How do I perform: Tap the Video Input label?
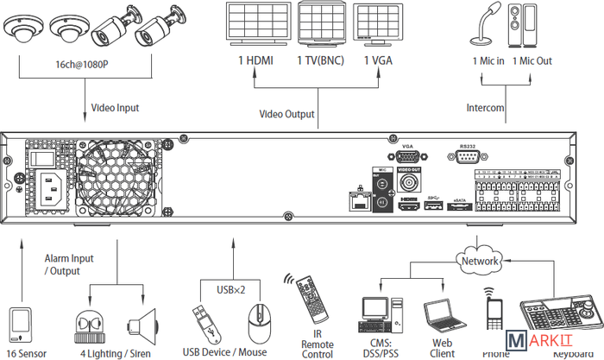point(115,109)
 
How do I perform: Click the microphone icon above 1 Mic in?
point(483,25)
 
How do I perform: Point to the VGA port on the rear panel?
point(409,159)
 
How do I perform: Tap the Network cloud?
point(480,260)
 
